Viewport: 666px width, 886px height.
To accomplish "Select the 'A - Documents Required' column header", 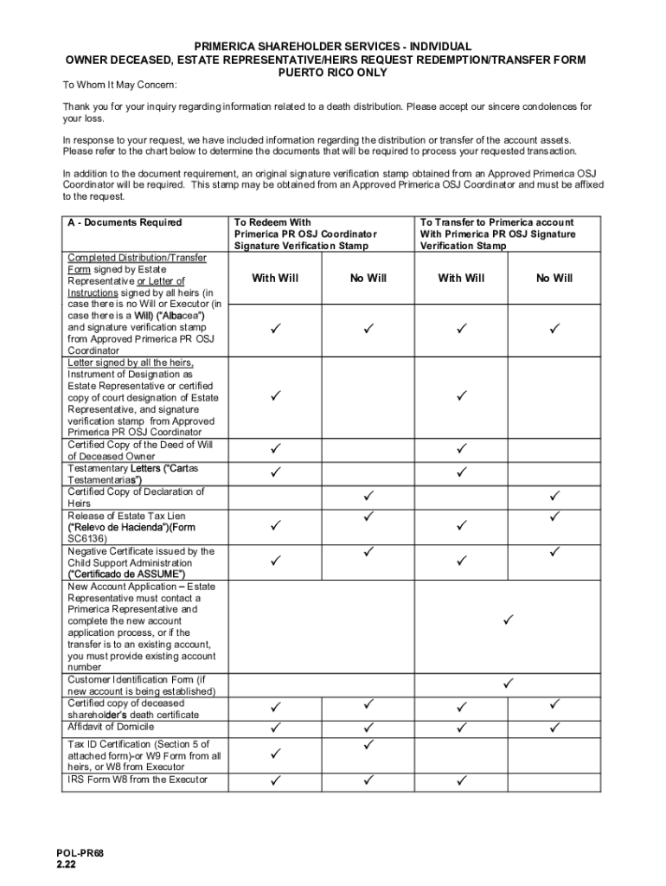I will (x=125, y=222).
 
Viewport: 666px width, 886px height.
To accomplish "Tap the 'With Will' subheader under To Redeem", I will (x=275, y=278).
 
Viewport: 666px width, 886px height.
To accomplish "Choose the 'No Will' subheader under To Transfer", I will (x=554, y=278).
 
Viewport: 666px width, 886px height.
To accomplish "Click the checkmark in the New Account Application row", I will (x=508, y=620).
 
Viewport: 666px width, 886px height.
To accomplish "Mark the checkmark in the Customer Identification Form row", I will (x=508, y=684).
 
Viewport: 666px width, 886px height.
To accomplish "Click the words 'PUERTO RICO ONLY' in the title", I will (x=332, y=73).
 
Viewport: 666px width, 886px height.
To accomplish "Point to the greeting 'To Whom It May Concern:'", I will (x=119, y=85).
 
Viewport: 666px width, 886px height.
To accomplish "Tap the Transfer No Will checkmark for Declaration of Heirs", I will (x=554, y=496).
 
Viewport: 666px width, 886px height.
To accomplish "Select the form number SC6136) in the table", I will (x=87, y=538).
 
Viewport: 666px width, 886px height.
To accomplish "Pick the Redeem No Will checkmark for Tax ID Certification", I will (x=368, y=744).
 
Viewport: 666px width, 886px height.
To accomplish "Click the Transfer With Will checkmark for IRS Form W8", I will (x=461, y=780).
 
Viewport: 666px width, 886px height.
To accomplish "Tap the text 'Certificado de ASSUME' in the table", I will (x=126, y=574).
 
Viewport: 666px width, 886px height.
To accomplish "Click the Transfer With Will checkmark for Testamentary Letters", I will (x=461, y=472).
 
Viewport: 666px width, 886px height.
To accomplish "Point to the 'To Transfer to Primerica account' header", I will (x=496, y=222).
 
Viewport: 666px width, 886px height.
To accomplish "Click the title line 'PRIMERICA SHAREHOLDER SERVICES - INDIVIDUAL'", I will (x=332, y=47).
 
